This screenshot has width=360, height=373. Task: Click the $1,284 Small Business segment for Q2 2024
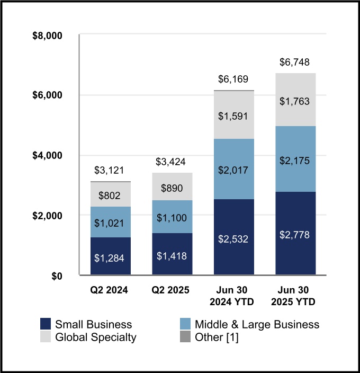click(111, 256)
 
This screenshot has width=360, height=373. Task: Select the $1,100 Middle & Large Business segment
click(172, 217)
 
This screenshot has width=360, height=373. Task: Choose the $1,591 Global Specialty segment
click(233, 115)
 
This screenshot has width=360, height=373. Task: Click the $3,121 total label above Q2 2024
click(111, 170)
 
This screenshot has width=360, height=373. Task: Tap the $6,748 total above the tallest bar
click(295, 63)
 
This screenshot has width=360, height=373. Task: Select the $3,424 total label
click(172, 161)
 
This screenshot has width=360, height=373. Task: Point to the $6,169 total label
click(233, 79)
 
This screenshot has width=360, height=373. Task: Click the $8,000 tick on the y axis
click(48, 35)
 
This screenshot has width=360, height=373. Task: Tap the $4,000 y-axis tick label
click(48, 156)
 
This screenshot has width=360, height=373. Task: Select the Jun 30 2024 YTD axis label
click(233, 297)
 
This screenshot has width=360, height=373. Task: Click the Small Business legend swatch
click(46, 324)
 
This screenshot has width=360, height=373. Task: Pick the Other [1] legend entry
click(216, 337)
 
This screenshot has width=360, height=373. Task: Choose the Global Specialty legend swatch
click(46, 337)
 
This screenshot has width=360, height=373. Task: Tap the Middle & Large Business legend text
click(257, 324)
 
